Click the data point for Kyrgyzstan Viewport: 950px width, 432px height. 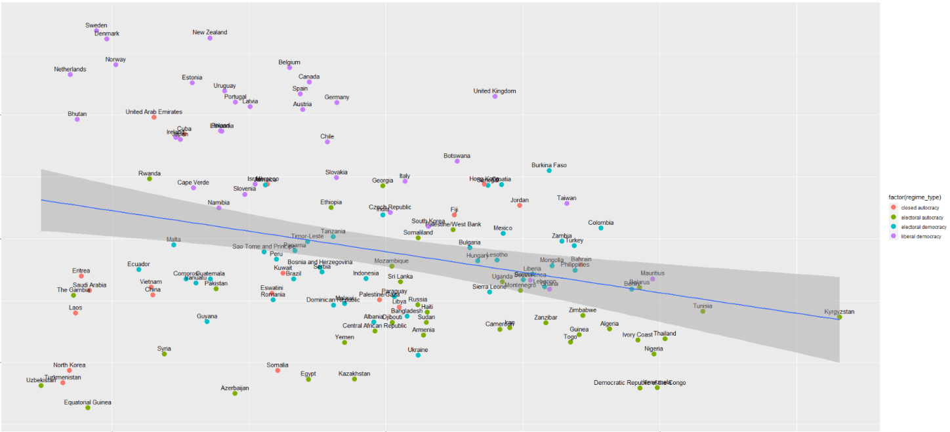point(839,317)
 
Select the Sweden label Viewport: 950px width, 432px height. point(96,26)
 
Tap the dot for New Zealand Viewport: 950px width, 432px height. point(210,38)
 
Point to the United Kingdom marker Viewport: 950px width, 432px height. point(495,96)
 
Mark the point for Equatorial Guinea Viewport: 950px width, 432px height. point(88,408)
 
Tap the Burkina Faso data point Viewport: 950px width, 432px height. point(549,170)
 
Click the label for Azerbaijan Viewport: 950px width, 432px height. point(235,388)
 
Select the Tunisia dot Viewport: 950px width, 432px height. point(703,311)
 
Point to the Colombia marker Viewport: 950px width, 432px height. point(600,228)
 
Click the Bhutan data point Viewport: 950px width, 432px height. point(77,119)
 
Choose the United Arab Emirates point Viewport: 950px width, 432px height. point(154,117)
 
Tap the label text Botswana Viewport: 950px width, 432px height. point(457,156)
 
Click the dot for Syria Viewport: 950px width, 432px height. point(164,354)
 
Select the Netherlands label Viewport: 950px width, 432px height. point(70,69)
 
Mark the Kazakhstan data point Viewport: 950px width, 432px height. point(354,379)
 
